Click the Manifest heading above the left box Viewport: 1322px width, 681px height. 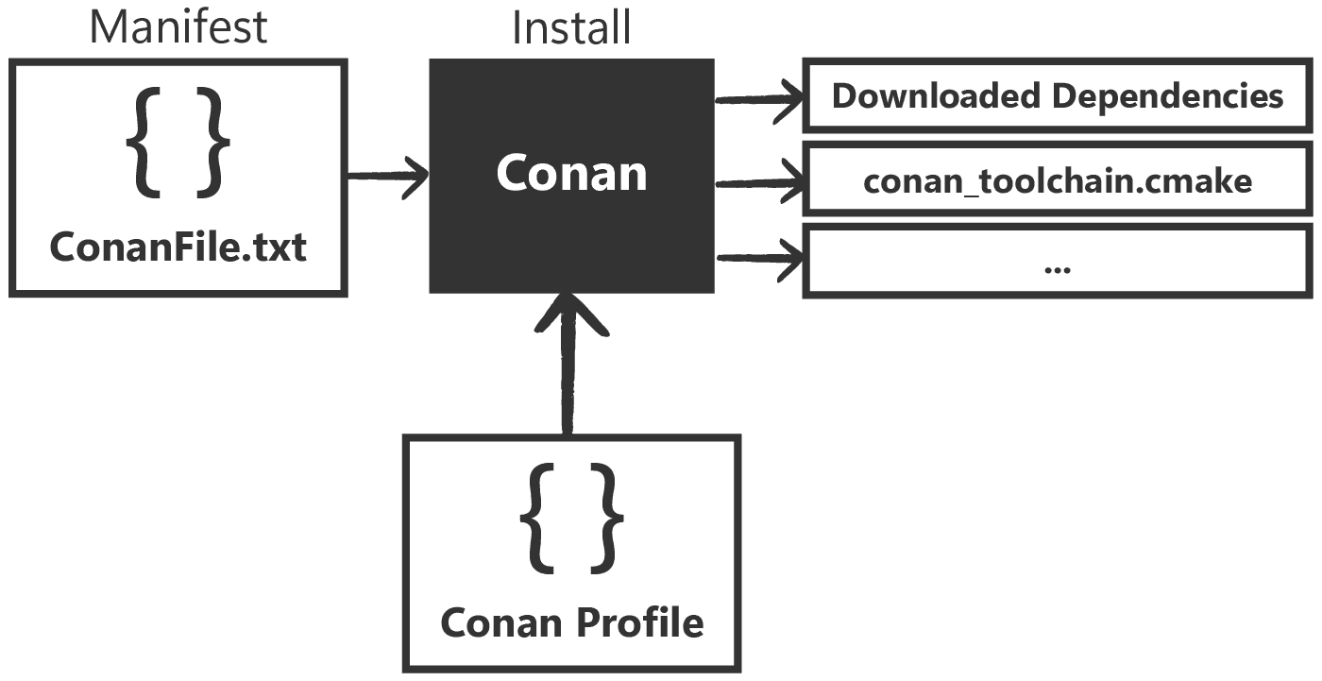[x=178, y=26]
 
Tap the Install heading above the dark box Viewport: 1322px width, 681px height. [x=570, y=26]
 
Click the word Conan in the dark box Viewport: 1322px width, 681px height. [x=571, y=173]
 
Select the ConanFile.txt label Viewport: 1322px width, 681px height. [x=178, y=247]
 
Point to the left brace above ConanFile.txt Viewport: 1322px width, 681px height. [x=144, y=143]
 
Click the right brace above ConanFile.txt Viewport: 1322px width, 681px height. [x=213, y=143]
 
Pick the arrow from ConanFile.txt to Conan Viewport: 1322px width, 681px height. [x=388, y=176]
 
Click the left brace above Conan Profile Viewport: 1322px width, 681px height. [x=537, y=519]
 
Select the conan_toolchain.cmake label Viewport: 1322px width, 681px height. [x=1058, y=179]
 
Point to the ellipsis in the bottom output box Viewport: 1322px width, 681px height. [x=1058, y=268]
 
